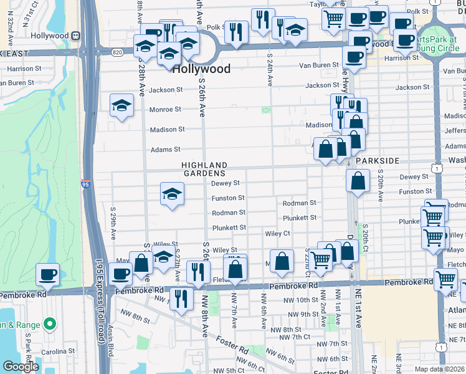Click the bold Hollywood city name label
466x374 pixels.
[201, 69]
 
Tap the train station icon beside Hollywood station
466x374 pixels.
[76, 36]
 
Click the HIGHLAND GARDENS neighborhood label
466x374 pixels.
[203, 169]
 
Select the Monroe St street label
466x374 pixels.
[165, 110]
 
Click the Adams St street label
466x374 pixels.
[165, 150]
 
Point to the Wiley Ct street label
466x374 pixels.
[278, 233]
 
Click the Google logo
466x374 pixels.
[21, 367]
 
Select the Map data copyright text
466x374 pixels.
[439, 369]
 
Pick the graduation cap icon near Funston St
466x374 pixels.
[172, 193]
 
